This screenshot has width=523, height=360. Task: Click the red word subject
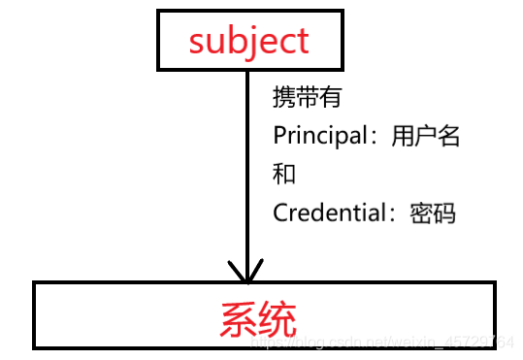[249, 41]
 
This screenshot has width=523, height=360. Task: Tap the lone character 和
[284, 174]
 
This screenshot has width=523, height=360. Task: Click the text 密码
[434, 212]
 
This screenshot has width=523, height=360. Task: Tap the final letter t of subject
[301, 41]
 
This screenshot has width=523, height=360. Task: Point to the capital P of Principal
[279, 136]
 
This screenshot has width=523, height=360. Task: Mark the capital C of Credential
[281, 212]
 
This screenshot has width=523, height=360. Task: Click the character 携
[285, 97]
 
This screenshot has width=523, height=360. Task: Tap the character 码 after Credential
[445, 212]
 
